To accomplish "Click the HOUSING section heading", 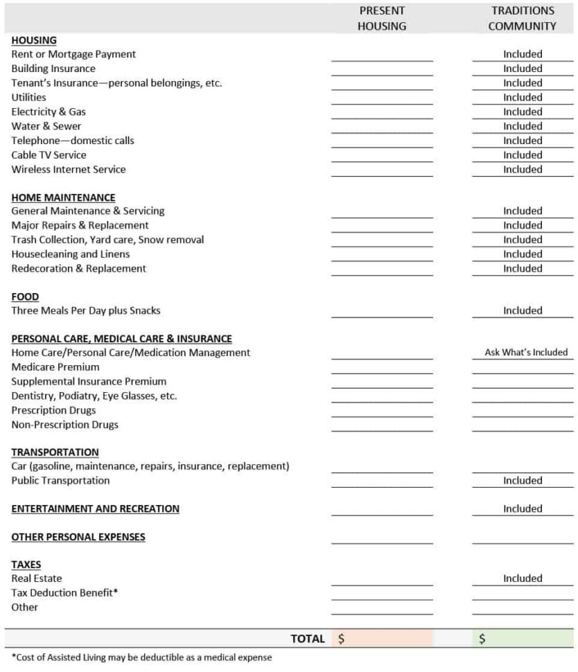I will click(x=34, y=40).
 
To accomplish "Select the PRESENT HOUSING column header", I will click(x=382, y=19).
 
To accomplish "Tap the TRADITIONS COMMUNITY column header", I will click(x=523, y=19).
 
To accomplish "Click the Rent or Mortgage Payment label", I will click(x=73, y=54).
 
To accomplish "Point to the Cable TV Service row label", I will click(x=49, y=154).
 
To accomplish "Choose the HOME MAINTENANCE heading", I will click(x=63, y=197).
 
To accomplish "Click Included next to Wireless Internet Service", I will click(x=523, y=169).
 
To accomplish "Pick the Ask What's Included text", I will click(x=526, y=353).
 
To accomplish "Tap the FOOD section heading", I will click(x=25, y=297).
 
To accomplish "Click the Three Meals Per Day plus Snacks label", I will click(x=86, y=310).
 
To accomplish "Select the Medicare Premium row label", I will click(x=55, y=366).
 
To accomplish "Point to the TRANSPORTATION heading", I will click(x=55, y=452).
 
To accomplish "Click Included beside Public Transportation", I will click(x=523, y=480).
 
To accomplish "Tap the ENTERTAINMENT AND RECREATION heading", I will click(x=95, y=509).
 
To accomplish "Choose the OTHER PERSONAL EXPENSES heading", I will click(x=78, y=537).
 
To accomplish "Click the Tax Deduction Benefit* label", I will click(x=64, y=593).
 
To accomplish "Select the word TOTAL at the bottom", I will click(x=308, y=639).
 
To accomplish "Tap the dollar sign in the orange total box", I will click(x=341, y=639).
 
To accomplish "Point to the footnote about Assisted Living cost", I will click(x=141, y=657).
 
